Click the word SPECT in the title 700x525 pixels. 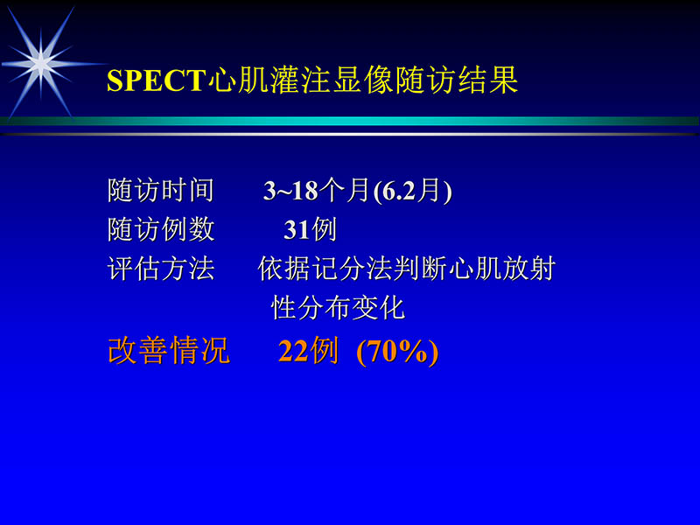coord(154,80)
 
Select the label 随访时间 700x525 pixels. coord(160,191)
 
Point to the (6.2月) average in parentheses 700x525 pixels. coord(412,191)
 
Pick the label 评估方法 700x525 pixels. coord(160,269)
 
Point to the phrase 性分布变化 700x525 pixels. coord(338,308)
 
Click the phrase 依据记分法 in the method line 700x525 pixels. coord(325,269)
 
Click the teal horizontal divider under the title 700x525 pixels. coord(350,121)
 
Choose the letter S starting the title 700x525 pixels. coord(114,81)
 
